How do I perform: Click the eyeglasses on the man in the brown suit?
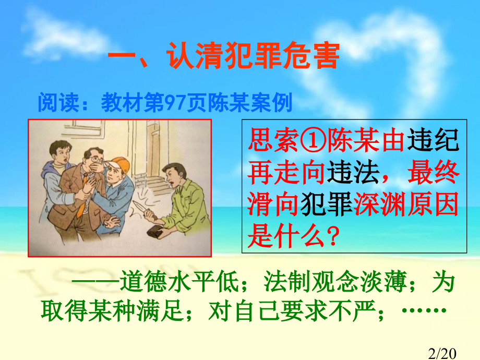point(94,155)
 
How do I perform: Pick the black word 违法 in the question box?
point(352,173)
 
